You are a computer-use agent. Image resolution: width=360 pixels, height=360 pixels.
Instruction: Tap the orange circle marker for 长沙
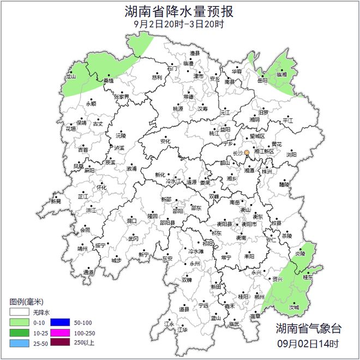[x=247, y=153]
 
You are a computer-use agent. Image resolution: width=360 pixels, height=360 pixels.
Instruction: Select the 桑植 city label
[x=109, y=80]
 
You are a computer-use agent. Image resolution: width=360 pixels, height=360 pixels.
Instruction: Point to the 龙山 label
[x=71, y=77]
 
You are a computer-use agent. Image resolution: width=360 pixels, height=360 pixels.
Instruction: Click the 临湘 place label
[x=282, y=74]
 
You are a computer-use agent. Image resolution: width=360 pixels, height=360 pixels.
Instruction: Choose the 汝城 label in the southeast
[x=294, y=307]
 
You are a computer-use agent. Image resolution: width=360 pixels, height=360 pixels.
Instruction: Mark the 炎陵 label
[x=300, y=254]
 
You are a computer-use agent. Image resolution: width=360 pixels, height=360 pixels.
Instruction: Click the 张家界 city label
[x=122, y=97]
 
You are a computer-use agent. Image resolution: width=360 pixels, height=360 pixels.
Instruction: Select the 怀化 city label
[x=102, y=187]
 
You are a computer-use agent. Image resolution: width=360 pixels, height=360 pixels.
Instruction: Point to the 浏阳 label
[x=292, y=154]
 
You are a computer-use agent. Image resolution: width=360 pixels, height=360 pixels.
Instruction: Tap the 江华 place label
[x=182, y=329]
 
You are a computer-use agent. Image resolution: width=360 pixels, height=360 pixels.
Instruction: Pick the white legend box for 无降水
[x=20, y=313]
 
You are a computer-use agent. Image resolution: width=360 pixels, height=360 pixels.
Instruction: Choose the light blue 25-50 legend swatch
[x=20, y=342]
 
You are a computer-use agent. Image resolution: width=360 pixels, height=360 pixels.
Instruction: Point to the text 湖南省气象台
[x=308, y=328]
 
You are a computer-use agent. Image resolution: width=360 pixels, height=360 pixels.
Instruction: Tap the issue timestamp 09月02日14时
[x=308, y=344]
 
